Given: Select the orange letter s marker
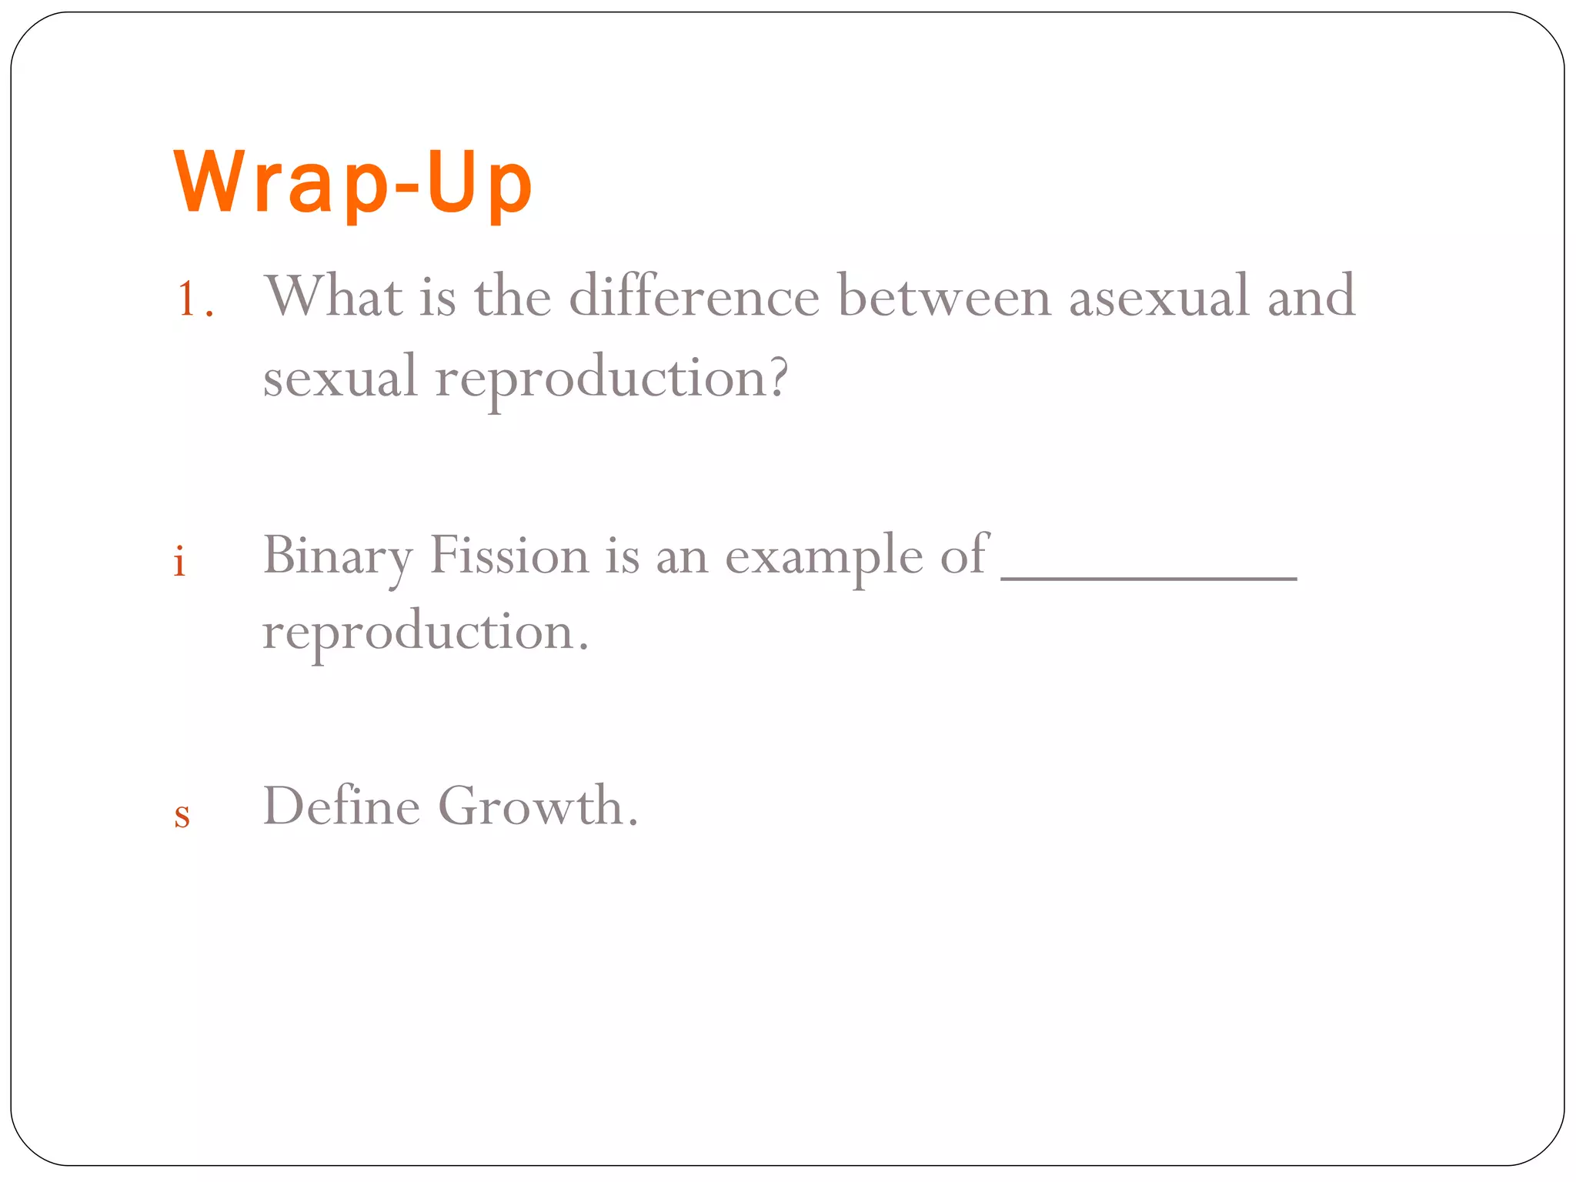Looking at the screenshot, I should coord(182,814).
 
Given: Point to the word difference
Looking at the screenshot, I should coord(694,295).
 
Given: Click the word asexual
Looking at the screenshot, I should coord(1158,297).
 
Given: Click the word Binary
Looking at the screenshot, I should coord(337,556).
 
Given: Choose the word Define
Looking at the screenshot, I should coord(342,806).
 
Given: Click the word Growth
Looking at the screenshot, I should coord(531,806).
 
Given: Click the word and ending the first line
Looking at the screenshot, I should coord(1311,297).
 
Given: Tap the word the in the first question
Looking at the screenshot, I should coord(513,295).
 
